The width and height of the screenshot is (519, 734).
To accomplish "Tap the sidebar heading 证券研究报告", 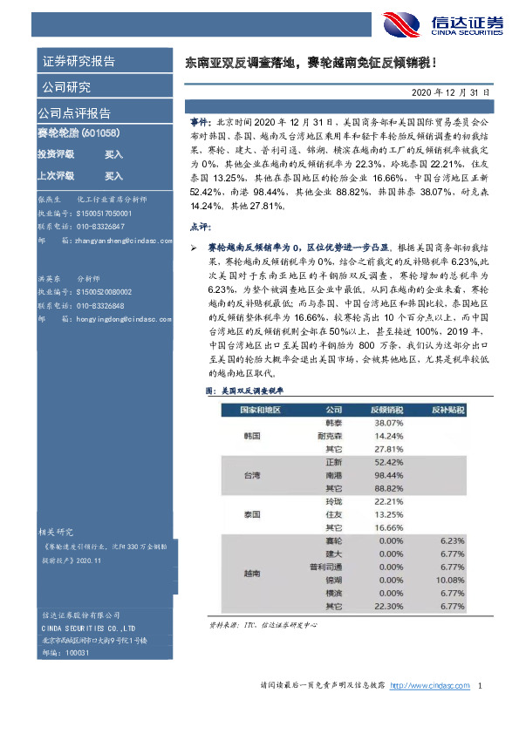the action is click(x=78, y=61).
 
